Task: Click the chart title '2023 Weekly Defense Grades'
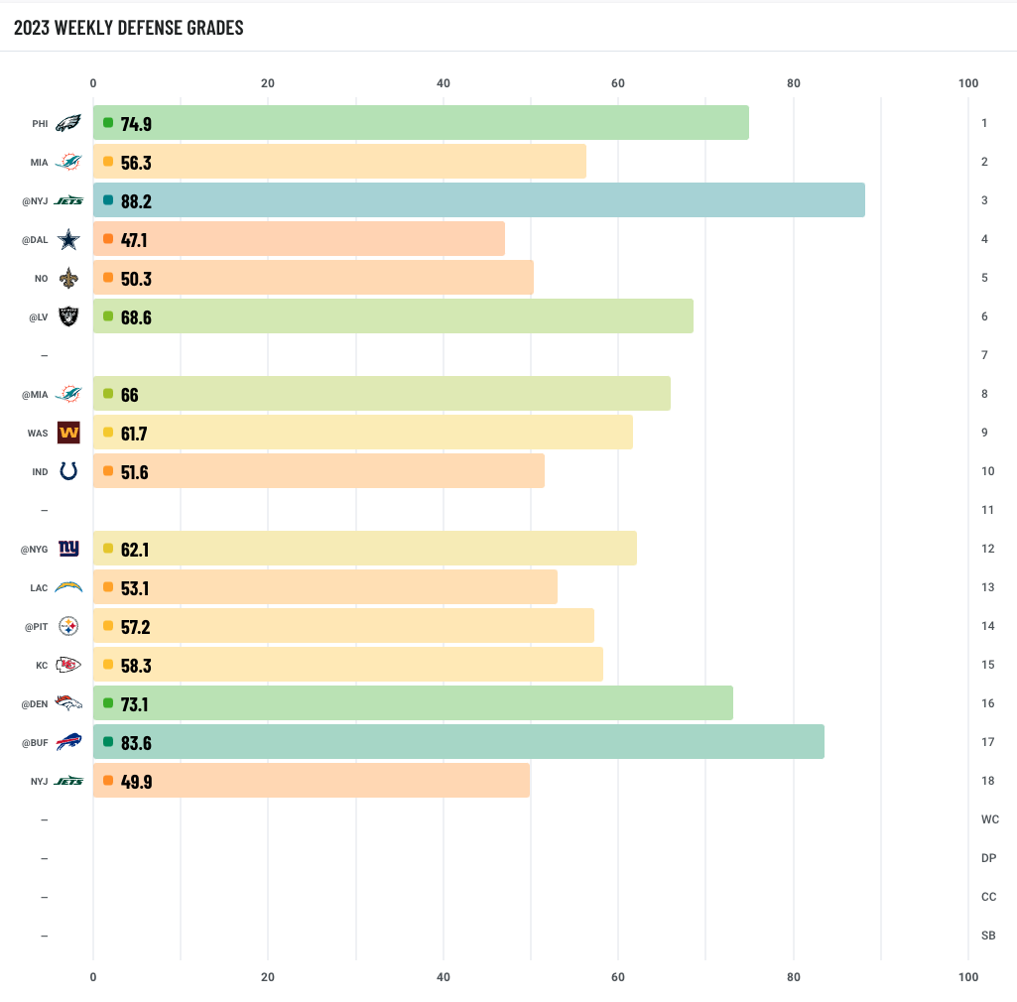coord(129,28)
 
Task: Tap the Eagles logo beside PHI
coord(67,123)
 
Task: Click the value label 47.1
coord(136,239)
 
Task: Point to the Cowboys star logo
coord(67,239)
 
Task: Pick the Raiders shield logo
coord(67,316)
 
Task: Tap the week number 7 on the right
coord(983,355)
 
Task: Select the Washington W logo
coord(67,433)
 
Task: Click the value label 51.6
coord(135,472)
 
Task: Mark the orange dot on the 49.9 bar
coord(107,781)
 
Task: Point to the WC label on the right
coord(988,819)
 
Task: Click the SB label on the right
coord(988,936)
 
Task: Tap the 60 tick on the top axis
coord(617,83)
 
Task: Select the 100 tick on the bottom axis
coord(968,977)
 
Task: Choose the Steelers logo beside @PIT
coord(67,626)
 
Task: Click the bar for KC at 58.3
coord(347,665)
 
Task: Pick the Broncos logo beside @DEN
coord(67,703)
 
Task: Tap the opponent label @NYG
coord(34,549)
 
